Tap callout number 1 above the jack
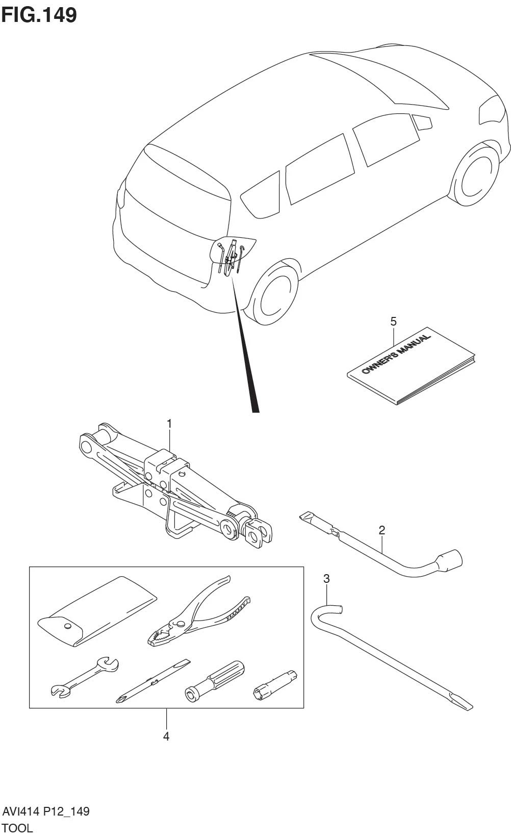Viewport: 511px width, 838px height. point(169,424)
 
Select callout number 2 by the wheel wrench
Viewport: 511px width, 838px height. point(382,530)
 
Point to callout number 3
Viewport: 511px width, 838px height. point(326,578)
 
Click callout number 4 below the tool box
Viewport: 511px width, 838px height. point(166,736)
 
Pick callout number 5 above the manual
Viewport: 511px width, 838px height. point(393,321)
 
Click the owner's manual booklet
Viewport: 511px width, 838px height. point(411,365)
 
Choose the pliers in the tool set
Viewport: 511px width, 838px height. point(196,612)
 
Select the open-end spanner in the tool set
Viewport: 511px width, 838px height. point(85,677)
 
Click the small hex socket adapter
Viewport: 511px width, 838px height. point(275,684)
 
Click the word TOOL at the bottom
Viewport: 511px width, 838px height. point(18,828)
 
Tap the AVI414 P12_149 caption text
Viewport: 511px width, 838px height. point(46,811)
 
